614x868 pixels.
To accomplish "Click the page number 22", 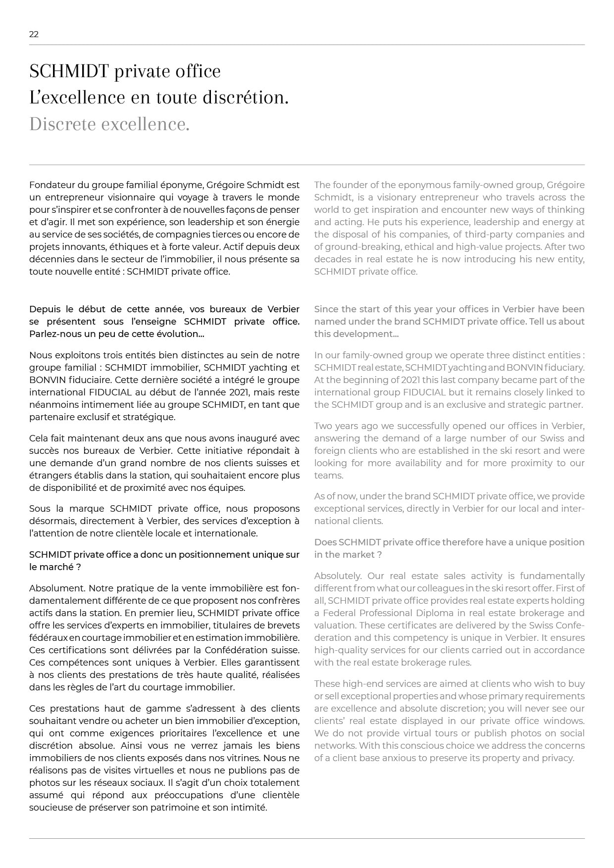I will (34, 34).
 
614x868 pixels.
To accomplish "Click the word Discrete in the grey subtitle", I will (62, 124).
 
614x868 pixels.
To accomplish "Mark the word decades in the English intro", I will (332, 259).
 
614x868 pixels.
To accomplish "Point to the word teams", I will (328, 476).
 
